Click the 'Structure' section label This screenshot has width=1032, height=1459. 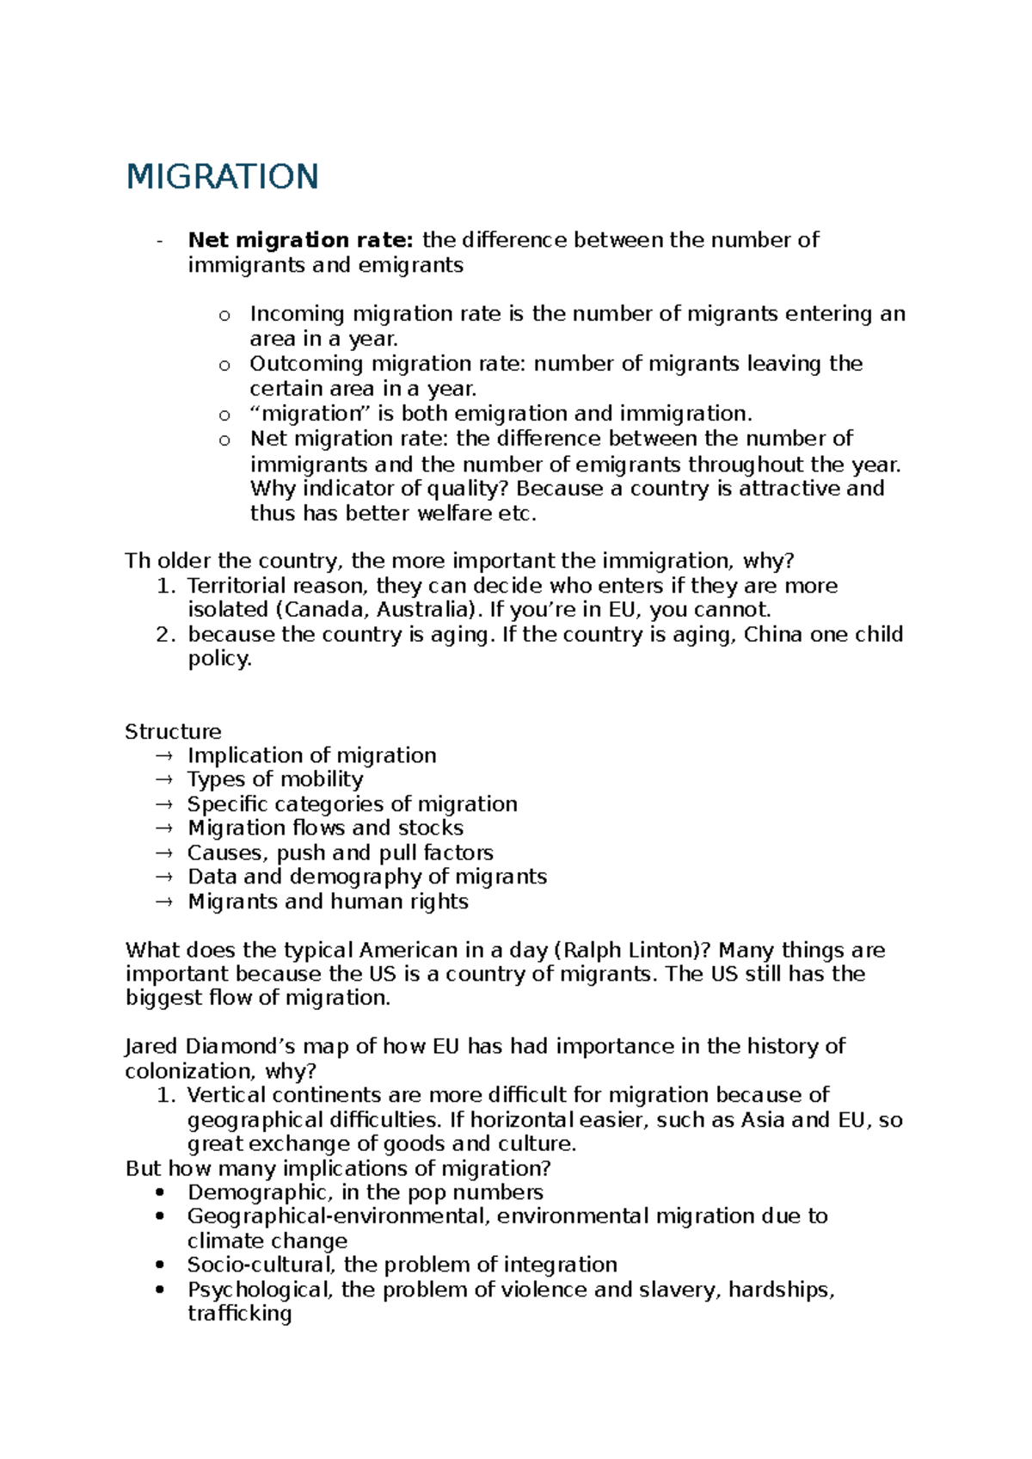173,732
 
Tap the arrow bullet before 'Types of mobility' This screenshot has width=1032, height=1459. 164,779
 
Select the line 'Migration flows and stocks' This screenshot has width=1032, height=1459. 325,828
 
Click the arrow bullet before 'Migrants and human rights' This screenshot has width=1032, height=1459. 164,902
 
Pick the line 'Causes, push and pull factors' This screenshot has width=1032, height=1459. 340,853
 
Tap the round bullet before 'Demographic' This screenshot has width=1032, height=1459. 159,1192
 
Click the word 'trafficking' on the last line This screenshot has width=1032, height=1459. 239,1314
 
